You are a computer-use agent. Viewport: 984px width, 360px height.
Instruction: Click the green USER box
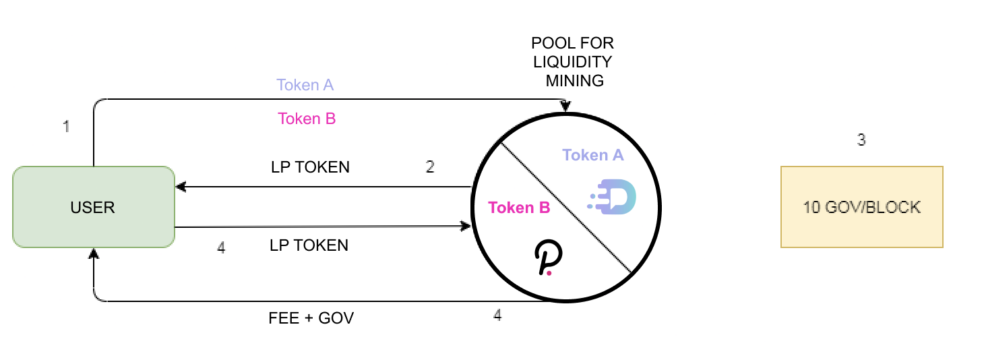[93, 207]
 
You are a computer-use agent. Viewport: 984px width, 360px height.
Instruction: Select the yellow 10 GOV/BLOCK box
[861, 207]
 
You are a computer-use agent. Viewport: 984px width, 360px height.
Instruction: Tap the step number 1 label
[66, 126]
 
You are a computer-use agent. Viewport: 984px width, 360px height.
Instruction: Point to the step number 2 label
[430, 167]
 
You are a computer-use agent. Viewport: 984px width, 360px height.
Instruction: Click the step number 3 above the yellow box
[861, 140]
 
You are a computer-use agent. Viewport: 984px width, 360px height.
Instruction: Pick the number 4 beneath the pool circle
[497, 315]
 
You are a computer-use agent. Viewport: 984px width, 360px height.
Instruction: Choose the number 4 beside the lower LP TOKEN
[221, 247]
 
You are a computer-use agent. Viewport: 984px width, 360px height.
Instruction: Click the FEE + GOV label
[311, 318]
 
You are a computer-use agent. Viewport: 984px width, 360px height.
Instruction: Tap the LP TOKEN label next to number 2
[309, 167]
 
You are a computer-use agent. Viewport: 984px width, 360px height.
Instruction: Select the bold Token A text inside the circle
[593, 155]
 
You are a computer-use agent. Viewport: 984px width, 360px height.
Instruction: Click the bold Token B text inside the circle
[519, 208]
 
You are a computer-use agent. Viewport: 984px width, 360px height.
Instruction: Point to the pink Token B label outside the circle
[307, 119]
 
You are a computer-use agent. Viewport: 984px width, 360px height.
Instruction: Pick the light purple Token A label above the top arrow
[305, 85]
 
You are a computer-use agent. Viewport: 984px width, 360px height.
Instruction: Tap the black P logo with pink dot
[548, 260]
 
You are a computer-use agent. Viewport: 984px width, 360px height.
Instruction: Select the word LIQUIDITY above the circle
[572, 62]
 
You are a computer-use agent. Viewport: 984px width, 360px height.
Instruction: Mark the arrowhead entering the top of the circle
[565, 107]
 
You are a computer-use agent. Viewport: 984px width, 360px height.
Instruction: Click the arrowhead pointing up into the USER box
[94, 253]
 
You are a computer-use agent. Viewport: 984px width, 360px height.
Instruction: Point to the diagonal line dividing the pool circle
[565, 208]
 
